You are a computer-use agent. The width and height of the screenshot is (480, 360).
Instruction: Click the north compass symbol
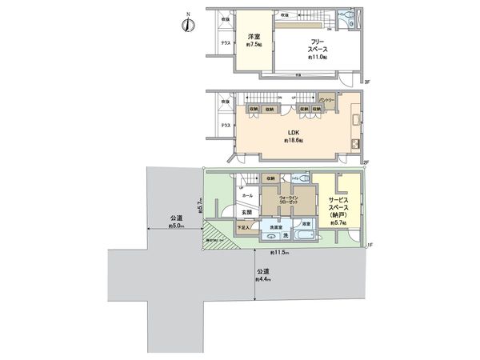coord(186,23)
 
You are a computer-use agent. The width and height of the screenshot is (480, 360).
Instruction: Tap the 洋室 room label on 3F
coord(254,40)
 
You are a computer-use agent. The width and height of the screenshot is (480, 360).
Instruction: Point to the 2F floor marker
coord(366,162)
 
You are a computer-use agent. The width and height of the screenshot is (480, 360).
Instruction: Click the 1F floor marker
coord(370,245)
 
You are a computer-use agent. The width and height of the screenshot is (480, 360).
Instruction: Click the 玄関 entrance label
coord(248,212)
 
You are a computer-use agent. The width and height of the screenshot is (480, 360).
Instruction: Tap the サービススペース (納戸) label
coord(337,207)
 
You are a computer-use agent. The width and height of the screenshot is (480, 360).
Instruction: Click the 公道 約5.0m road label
coord(177,222)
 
